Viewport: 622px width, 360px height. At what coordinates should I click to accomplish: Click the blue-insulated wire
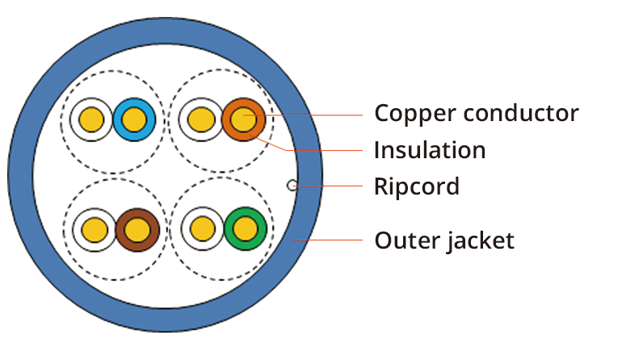pos(133,120)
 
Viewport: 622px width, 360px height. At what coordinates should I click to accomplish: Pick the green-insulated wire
pos(246,229)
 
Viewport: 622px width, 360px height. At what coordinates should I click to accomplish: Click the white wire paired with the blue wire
pos(90,120)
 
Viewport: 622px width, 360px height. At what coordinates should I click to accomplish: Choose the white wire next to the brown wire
pos(94,229)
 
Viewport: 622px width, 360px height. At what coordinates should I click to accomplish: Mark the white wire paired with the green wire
pos(202,229)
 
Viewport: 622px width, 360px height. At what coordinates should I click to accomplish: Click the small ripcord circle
pos(292,186)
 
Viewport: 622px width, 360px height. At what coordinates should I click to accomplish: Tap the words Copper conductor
pos(476,113)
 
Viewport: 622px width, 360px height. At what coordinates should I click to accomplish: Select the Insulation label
pos(429,150)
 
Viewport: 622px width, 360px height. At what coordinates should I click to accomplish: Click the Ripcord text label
pos(416,187)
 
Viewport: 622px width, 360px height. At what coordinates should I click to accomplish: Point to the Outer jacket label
pos(443,241)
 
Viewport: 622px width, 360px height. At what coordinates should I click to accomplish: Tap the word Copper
pos(415,113)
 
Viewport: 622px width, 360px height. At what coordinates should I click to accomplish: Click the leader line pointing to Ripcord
pos(331,186)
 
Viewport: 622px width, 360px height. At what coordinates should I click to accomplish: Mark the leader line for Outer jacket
pos(331,240)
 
